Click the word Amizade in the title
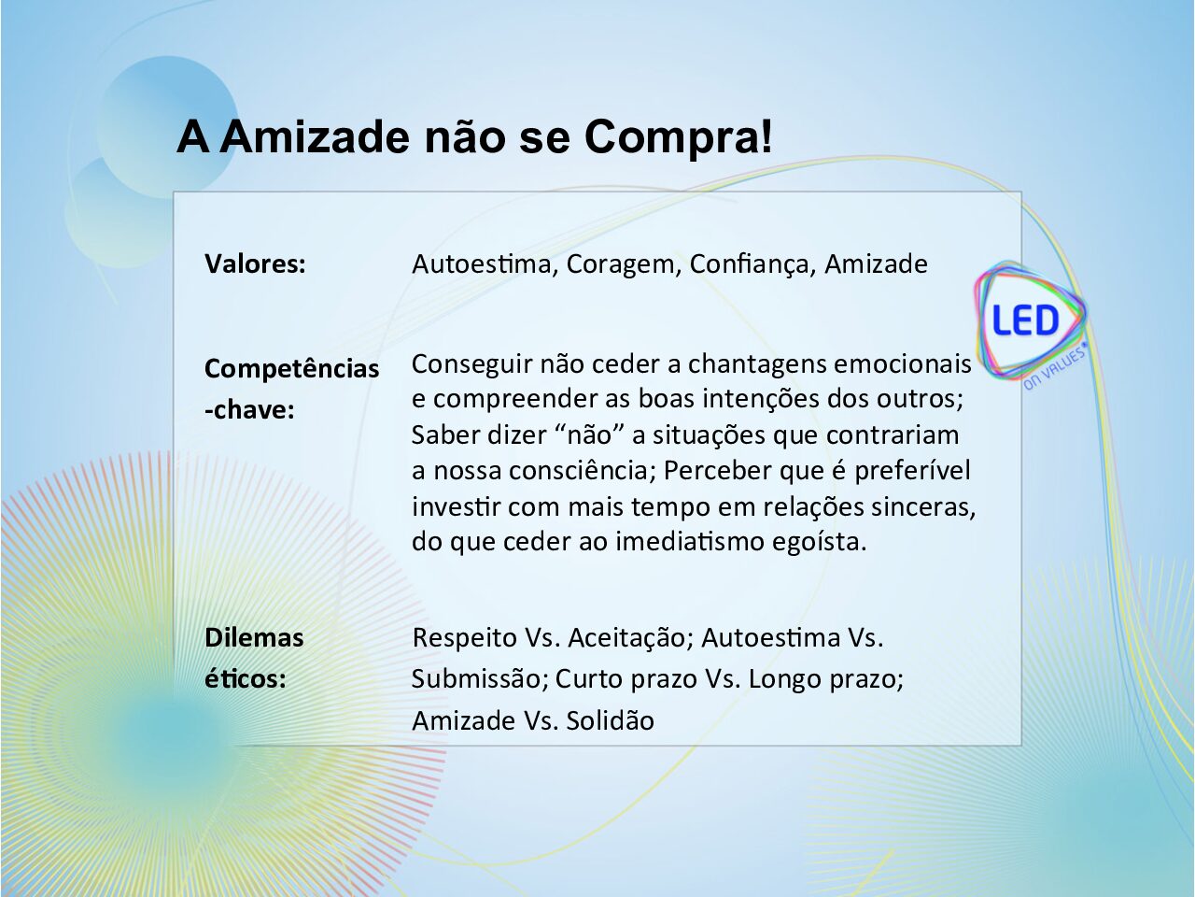coord(314,137)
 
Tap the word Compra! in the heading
coord(679,138)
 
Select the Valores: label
coord(255,264)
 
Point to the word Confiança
coord(752,265)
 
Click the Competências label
coord(292,369)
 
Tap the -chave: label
coord(249,410)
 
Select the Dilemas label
coord(254,638)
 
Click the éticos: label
coord(246,679)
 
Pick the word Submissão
coord(480,679)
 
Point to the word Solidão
coord(611,721)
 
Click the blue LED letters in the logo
coord(1026,320)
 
